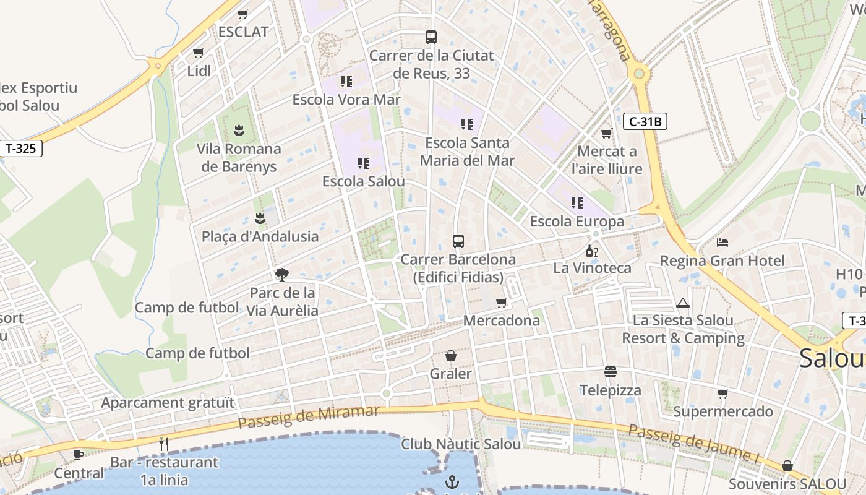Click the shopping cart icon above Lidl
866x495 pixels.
click(x=198, y=53)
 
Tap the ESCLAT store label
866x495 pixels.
click(x=244, y=32)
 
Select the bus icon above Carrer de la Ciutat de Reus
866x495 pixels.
click(x=431, y=37)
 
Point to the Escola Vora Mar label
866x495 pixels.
click(x=346, y=100)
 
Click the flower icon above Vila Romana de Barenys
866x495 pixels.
click(x=239, y=130)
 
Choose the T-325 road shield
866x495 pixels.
click(x=22, y=148)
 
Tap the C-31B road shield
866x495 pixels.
click(x=645, y=121)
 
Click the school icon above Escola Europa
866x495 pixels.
click(x=577, y=203)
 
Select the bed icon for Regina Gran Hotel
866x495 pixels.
click(x=722, y=242)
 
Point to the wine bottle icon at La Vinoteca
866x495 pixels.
click(x=592, y=251)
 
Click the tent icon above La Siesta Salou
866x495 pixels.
click(x=683, y=303)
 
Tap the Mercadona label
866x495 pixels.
click(x=501, y=321)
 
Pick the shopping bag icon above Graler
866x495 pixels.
click(x=451, y=356)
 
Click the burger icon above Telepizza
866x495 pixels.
click(x=611, y=372)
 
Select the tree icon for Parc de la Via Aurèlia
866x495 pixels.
click(x=282, y=274)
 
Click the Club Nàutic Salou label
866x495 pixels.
click(x=461, y=444)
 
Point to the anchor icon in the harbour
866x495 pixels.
click(x=453, y=481)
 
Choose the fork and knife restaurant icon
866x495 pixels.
click(x=164, y=444)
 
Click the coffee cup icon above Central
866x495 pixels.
click(x=79, y=455)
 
